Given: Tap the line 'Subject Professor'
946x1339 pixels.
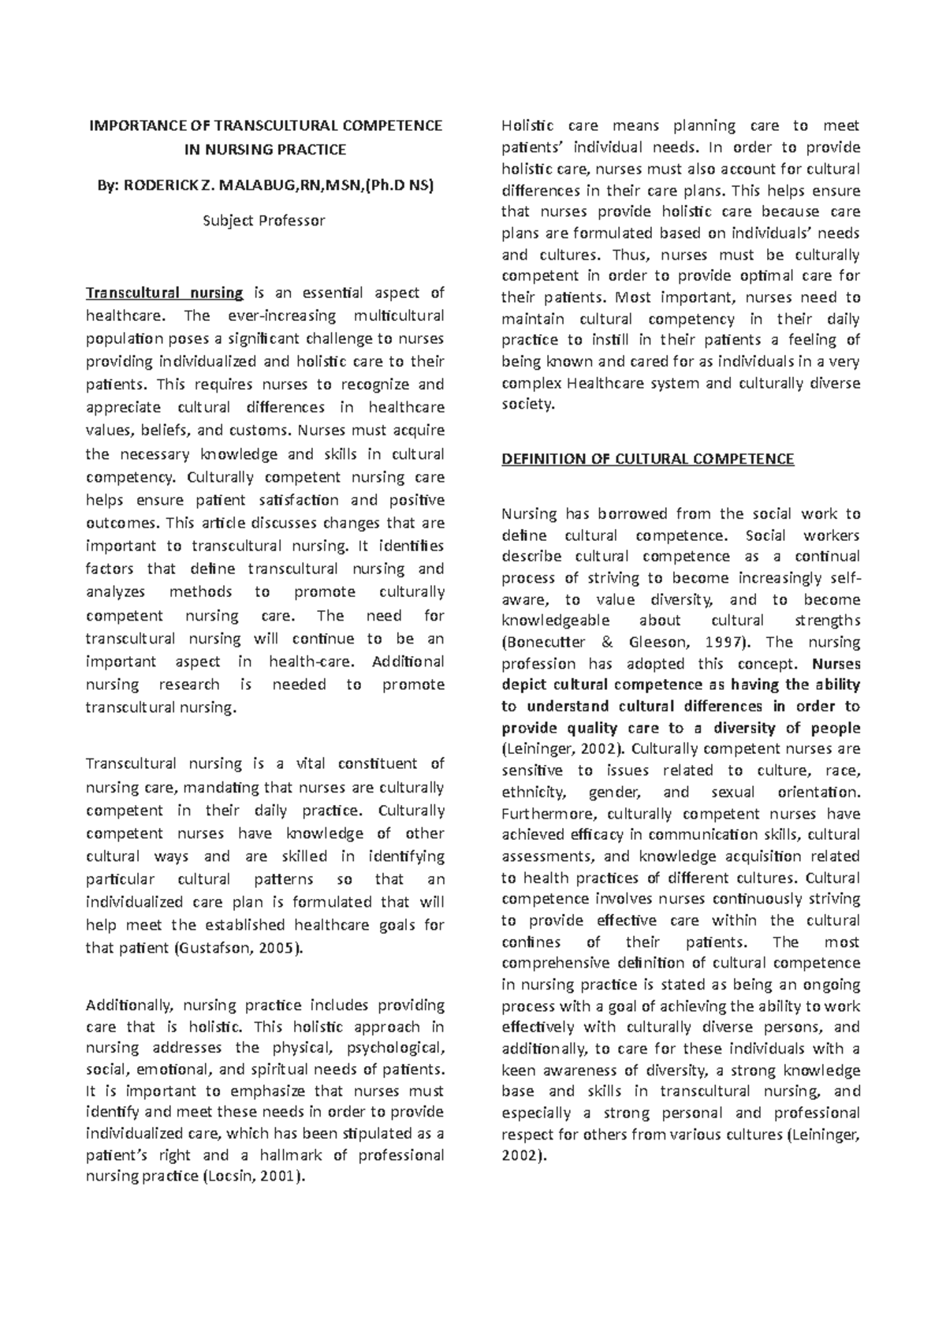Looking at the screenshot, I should click(263, 221).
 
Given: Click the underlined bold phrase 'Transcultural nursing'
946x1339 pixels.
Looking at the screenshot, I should click(164, 293).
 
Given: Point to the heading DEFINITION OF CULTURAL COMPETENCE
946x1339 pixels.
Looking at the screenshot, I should click(647, 459).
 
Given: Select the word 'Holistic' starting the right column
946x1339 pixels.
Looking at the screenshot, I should click(527, 125).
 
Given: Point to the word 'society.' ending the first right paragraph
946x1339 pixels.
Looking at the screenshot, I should click(528, 404).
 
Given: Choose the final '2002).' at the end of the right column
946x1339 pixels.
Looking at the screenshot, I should click(523, 1155).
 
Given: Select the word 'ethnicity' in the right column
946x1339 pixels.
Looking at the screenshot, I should click(533, 792).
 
